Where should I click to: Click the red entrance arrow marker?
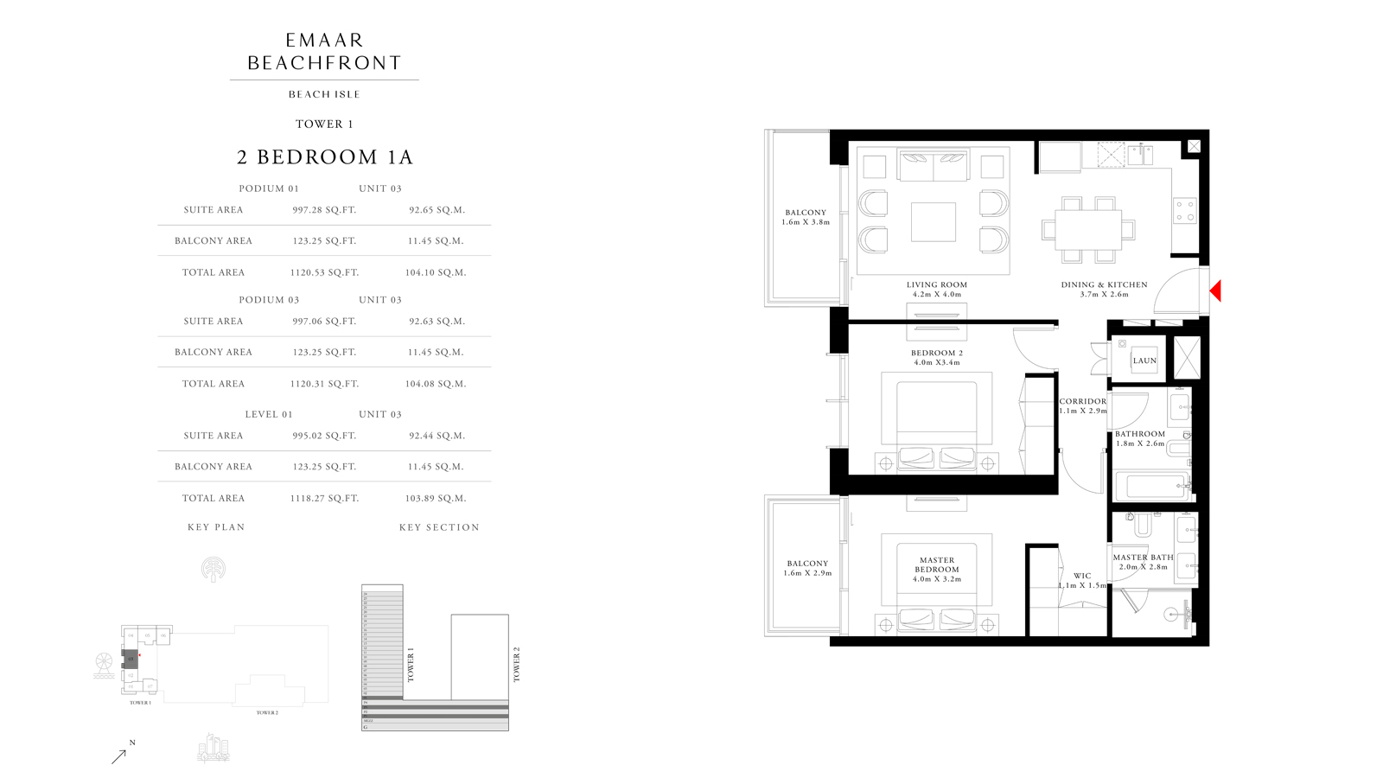tap(1215, 291)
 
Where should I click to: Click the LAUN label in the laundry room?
tap(1144, 360)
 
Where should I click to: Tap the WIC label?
tap(1082, 576)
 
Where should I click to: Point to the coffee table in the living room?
tap(934, 222)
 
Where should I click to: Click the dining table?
tap(1087, 229)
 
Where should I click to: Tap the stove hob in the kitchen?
tap(1184, 211)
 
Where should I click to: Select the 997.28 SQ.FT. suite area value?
tap(324, 210)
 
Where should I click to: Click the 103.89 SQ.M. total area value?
tap(436, 499)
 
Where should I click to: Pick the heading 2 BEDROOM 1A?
tap(325, 157)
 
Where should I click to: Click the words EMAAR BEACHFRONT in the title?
tap(324, 52)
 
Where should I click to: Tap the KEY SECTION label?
tap(439, 527)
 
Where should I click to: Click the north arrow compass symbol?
tap(121, 754)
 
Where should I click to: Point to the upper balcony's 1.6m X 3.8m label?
tap(806, 222)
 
